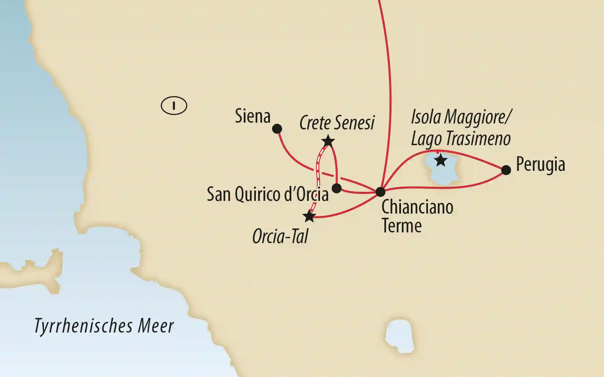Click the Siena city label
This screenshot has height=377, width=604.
tap(253, 116)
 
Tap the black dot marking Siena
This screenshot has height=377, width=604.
tap(277, 129)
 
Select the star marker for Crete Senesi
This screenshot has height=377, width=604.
tap(328, 141)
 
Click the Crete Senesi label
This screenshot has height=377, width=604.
tap(337, 123)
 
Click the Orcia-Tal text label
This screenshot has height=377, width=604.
tap(280, 236)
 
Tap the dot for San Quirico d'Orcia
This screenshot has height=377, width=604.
tap(337, 188)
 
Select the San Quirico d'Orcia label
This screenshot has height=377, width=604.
tap(267, 194)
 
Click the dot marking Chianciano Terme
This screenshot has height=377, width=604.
tap(380, 192)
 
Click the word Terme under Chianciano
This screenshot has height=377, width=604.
tap(402, 226)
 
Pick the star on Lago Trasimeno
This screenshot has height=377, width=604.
tap(440, 160)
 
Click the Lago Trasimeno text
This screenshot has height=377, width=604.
tap(461, 139)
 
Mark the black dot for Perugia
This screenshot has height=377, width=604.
tap(506, 170)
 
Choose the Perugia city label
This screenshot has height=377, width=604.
tap(540, 164)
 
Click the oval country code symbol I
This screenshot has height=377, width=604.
tap(174, 106)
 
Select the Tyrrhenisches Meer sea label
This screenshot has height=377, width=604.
tap(104, 326)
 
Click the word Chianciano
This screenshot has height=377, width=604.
tap(417, 207)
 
